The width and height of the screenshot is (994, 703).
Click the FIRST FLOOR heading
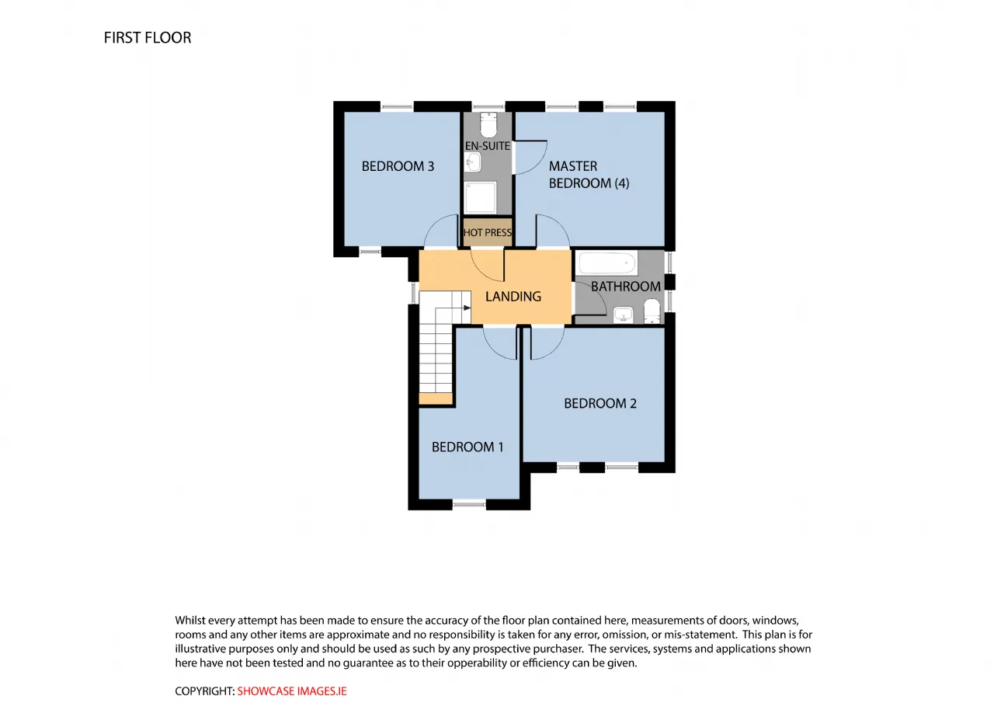148,38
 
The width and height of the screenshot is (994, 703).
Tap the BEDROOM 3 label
398,166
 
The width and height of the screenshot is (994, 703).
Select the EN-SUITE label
488,146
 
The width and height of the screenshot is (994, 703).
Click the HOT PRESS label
488,232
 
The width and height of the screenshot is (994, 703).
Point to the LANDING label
513,297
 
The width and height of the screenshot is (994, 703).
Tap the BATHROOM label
626,287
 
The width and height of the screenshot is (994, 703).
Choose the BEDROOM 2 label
600,403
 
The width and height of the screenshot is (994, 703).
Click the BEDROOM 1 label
467,447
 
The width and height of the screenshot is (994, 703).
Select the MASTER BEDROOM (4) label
589,175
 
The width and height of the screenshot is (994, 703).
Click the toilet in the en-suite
488,125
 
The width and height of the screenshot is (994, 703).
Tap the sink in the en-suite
473,162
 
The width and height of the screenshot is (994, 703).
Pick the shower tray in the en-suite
480,197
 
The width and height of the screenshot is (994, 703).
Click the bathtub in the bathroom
607,263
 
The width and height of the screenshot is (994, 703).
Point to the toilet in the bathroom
652,311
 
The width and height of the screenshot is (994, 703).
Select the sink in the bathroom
623,315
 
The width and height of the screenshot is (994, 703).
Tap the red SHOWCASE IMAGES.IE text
292,691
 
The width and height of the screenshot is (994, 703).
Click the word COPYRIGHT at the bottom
204,691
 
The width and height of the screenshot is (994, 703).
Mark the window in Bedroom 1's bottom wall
470,504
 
